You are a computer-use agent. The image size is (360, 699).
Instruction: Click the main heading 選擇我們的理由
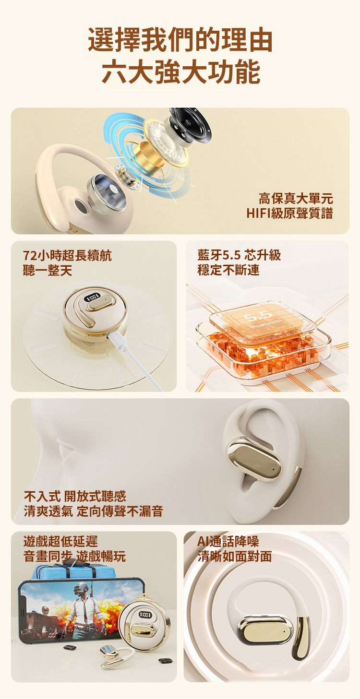[180, 40]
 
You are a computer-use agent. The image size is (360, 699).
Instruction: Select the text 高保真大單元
[296, 199]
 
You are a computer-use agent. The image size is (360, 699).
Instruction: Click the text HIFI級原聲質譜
[290, 213]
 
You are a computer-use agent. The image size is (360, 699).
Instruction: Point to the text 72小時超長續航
[67, 256]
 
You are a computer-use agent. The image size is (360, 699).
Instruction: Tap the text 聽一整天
[48, 270]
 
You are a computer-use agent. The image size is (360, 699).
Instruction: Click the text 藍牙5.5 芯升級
[239, 255]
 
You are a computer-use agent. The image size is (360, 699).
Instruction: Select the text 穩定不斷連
[228, 270]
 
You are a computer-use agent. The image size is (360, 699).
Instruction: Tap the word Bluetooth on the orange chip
[266, 324]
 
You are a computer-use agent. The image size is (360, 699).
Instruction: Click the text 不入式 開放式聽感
[75, 496]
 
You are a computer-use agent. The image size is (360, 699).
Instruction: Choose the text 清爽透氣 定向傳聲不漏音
[93, 511]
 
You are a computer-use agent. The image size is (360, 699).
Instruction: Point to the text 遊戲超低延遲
[60, 542]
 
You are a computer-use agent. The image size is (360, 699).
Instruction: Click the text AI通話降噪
[228, 542]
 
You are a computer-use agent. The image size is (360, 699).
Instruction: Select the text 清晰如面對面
[235, 557]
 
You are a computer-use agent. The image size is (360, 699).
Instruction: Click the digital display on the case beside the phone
[145, 615]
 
